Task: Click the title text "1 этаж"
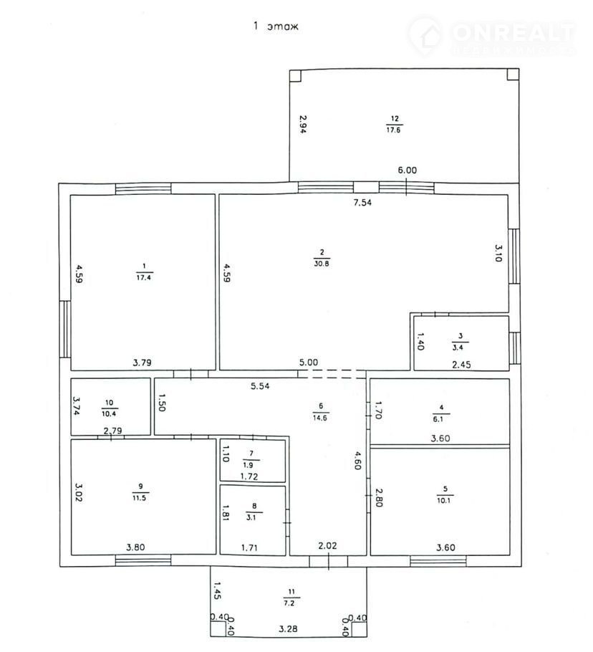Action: coord(276,27)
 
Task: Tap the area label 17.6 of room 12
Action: coord(394,129)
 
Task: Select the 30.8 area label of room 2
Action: coord(322,263)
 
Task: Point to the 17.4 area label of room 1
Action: coord(144,277)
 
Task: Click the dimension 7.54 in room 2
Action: coord(362,203)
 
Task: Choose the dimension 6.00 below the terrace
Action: coord(408,170)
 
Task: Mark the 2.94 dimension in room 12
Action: coord(303,125)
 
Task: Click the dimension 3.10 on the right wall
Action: coord(498,253)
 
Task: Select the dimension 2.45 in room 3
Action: coord(461,365)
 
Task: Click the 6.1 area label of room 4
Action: coord(438,419)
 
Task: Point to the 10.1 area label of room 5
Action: coord(444,500)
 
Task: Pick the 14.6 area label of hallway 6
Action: coord(320,418)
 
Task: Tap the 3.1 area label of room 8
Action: coord(251,518)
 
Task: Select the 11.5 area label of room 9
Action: coord(139,498)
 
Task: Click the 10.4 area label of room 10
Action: coord(109,413)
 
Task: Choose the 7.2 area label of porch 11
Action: coord(289,603)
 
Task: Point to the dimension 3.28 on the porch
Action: coord(288,628)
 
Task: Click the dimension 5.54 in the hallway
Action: coord(260,386)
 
